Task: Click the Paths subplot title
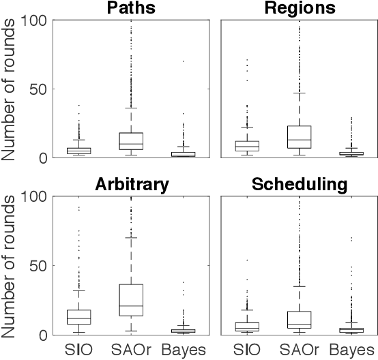point(130,8)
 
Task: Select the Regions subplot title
point(300,8)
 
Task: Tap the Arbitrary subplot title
point(130,184)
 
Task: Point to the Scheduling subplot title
point(300,184)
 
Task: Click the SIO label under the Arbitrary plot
point(79,350)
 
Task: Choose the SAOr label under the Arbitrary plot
point(130,350)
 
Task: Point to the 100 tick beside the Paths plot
point(34,20)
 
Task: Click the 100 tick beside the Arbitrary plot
point(34,196)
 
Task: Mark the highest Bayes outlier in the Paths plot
point(182,61)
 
